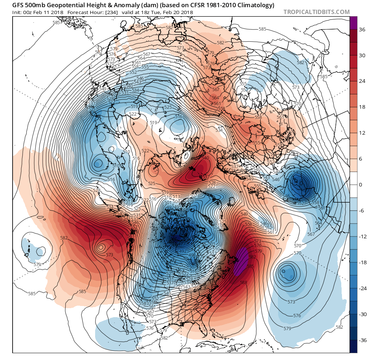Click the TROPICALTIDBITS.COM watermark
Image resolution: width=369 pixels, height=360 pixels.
[x=316, y=12]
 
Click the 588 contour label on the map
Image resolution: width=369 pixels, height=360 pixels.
[x=244, y=283]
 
